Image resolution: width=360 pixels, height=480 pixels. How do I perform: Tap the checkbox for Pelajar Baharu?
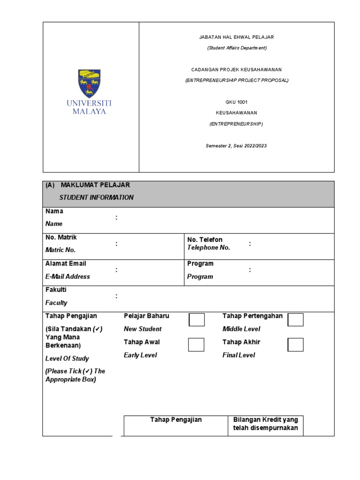click(x=196, y=320)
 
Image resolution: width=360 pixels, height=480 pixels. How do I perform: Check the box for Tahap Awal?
click(x=196, y=345)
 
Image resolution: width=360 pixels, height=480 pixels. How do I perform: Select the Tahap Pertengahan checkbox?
click(x=295, y=320)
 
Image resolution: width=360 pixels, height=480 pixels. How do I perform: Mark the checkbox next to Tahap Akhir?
click(x=295, y=345)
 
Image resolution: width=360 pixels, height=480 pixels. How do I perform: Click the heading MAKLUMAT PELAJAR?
click(x=95, y=185)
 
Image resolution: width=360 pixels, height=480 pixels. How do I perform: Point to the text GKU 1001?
click(x=236, y=102)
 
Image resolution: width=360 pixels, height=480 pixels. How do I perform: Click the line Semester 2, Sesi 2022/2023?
click(x=236, y=146)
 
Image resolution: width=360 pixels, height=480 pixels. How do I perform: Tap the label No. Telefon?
click(x=205, y=240)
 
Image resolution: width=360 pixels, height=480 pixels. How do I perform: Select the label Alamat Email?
click(x=66, y=263)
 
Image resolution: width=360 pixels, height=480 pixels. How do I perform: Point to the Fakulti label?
click(x=56, y=290)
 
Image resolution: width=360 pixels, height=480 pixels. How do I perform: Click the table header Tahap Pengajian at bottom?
click(x=176, y=420)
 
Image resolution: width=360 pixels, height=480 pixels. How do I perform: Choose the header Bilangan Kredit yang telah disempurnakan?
click(x=265, y=424)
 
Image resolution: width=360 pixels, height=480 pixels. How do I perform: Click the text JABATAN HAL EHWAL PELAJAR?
click(x=236, y=37)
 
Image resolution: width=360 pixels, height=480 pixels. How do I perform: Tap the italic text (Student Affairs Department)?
click(x=236, y=48)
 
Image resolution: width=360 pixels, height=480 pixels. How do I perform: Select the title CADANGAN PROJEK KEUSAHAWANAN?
click(x=236, y=69)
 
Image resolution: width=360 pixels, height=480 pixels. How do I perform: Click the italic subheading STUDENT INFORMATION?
click(x=96, y=197)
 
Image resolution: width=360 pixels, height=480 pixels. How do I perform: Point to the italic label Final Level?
click(x=239, y=355)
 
